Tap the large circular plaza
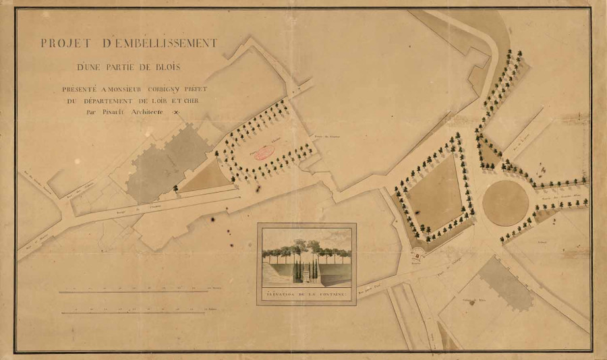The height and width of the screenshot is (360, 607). tap(505, 202)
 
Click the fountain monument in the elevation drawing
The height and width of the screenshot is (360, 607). tap(308, 267)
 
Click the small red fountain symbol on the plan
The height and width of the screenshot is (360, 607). tap(417, 256)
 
